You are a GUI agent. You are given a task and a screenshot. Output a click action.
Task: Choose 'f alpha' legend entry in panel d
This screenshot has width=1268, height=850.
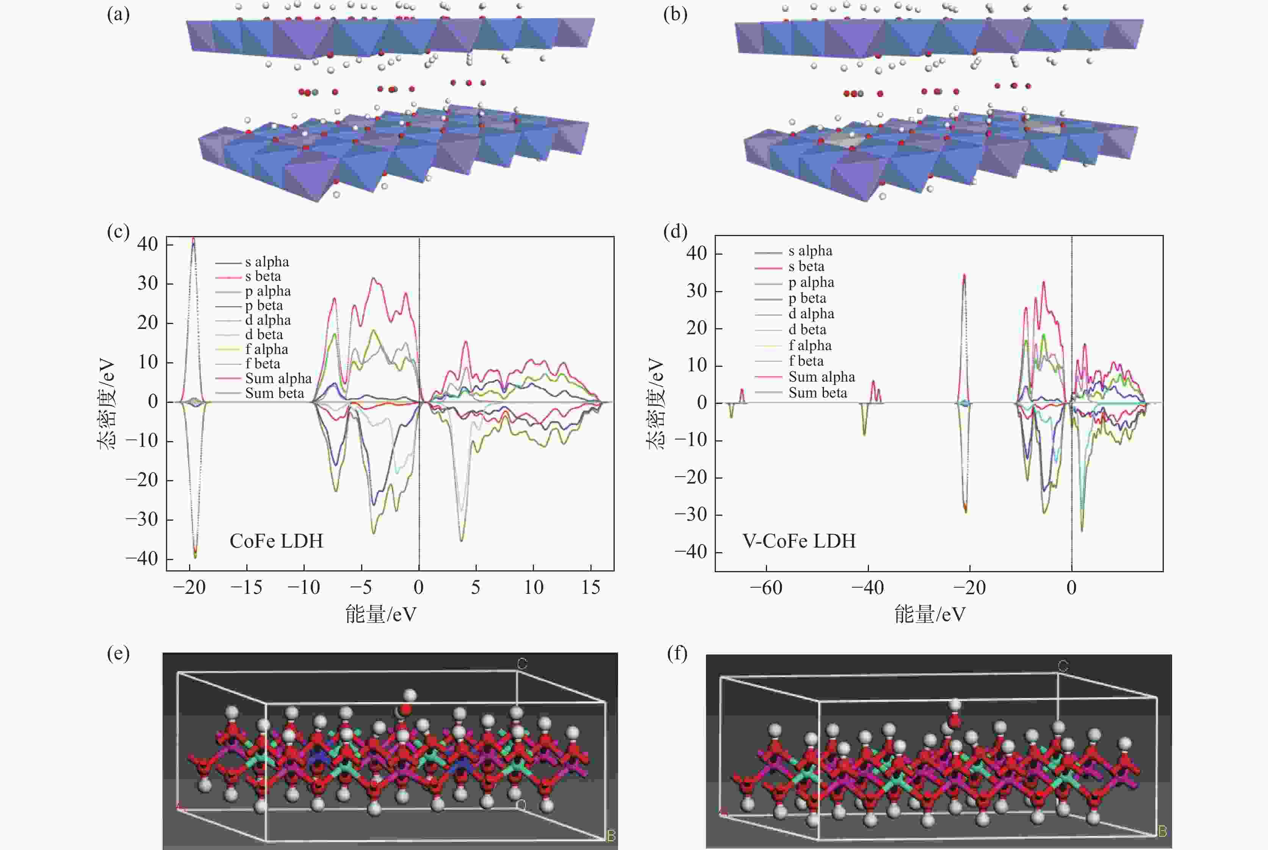pos(809,345)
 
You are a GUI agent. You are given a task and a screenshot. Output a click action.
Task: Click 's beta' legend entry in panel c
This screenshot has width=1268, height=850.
pos(263,277)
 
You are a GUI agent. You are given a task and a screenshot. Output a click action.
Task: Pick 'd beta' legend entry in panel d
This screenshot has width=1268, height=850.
pos(807,330)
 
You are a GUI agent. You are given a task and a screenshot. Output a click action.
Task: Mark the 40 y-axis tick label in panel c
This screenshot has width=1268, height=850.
pos(147,244)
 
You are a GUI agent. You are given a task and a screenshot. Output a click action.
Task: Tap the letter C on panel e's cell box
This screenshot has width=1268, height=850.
pos(522,664)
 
